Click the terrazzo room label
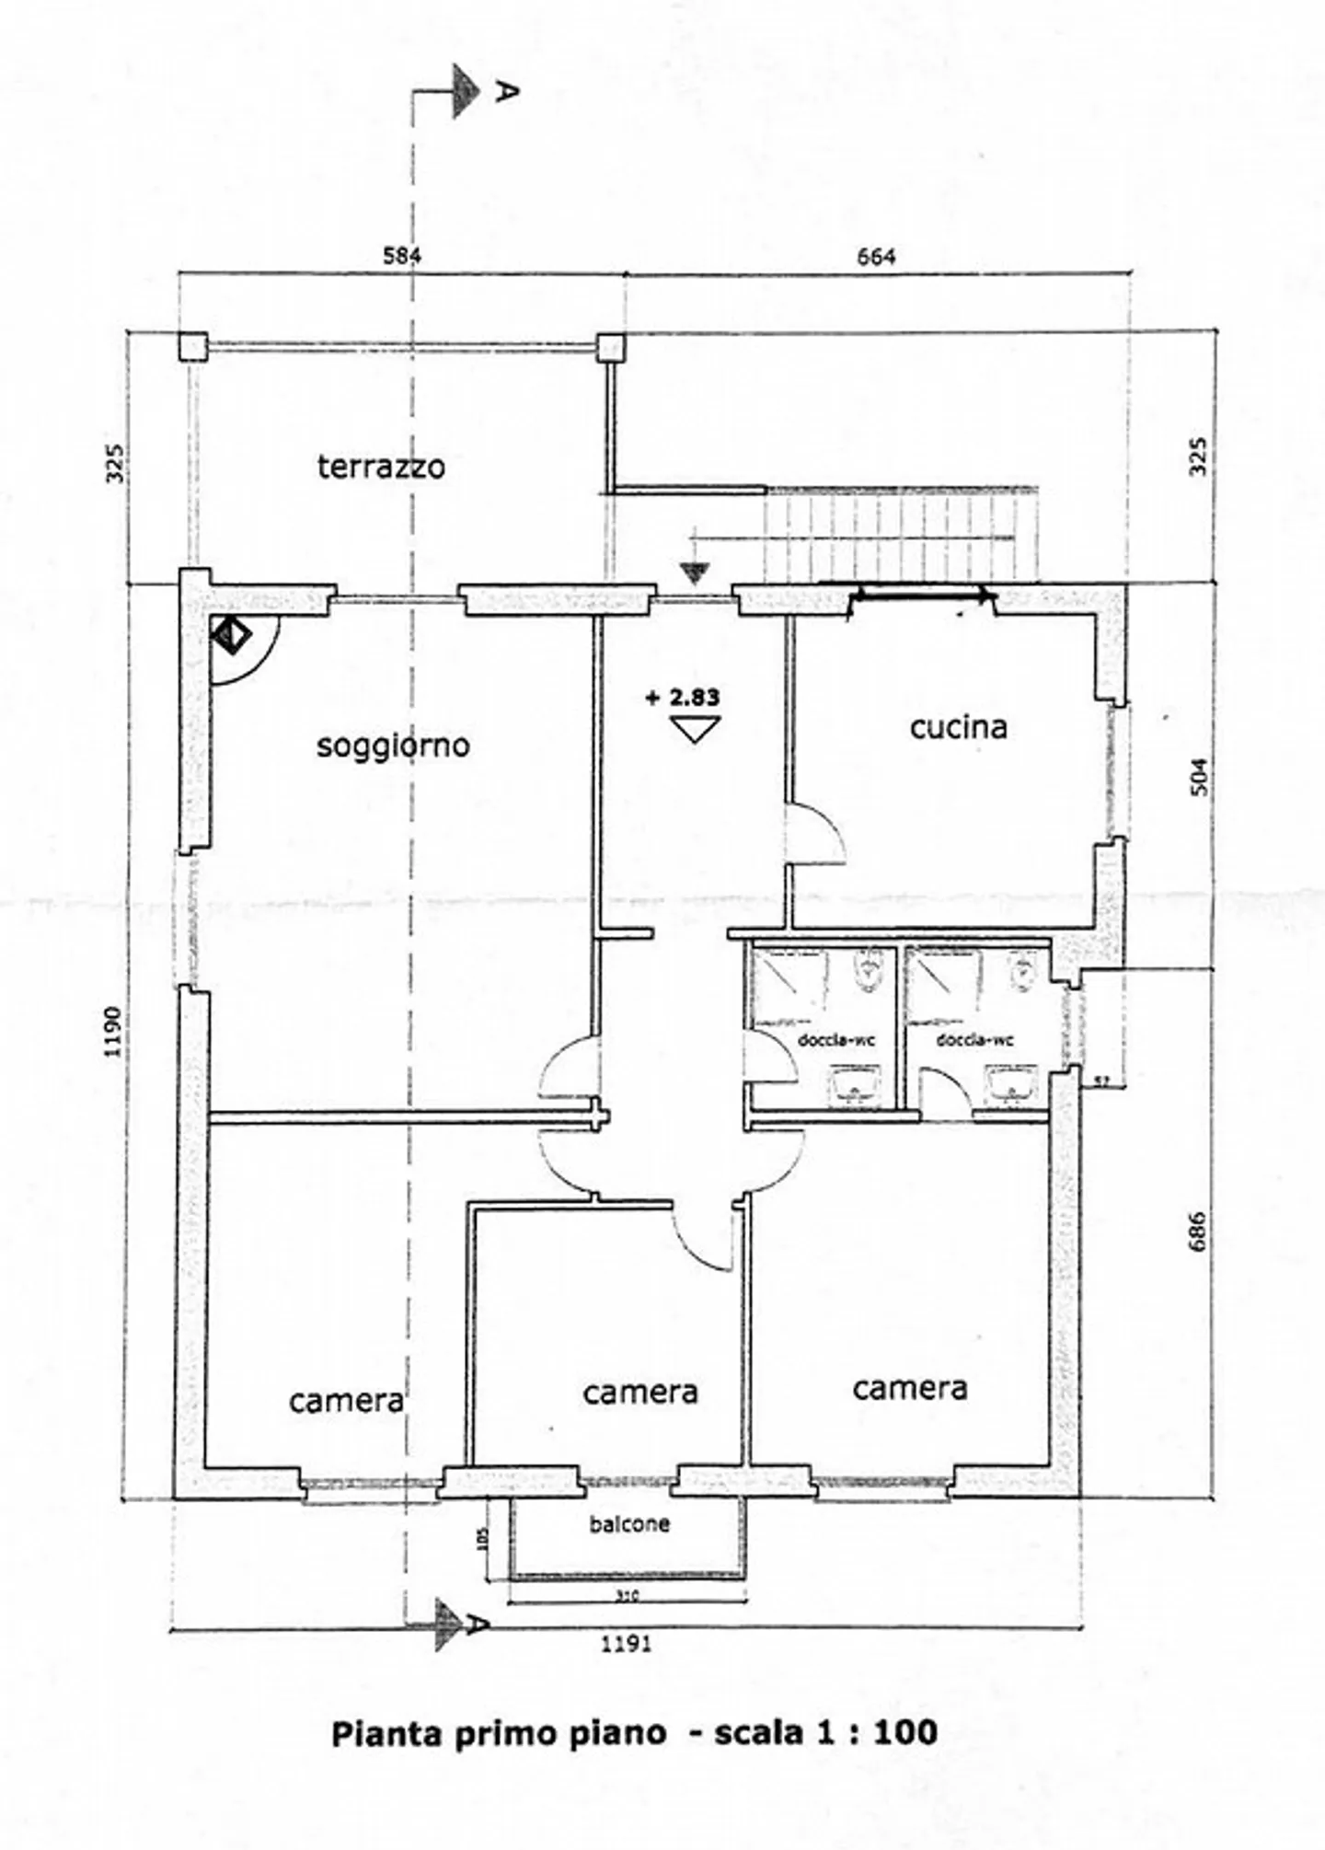381,467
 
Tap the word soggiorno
393,745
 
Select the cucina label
958,727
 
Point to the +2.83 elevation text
683,697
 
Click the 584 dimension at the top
402,256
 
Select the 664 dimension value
875,257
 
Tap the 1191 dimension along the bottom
627,1643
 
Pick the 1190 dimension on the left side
112,1031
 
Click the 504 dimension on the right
1199,776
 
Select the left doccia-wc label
835,1040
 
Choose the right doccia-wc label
974,1040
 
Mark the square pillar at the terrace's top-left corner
193,346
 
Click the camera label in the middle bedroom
639,1392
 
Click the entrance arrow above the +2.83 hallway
695,573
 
